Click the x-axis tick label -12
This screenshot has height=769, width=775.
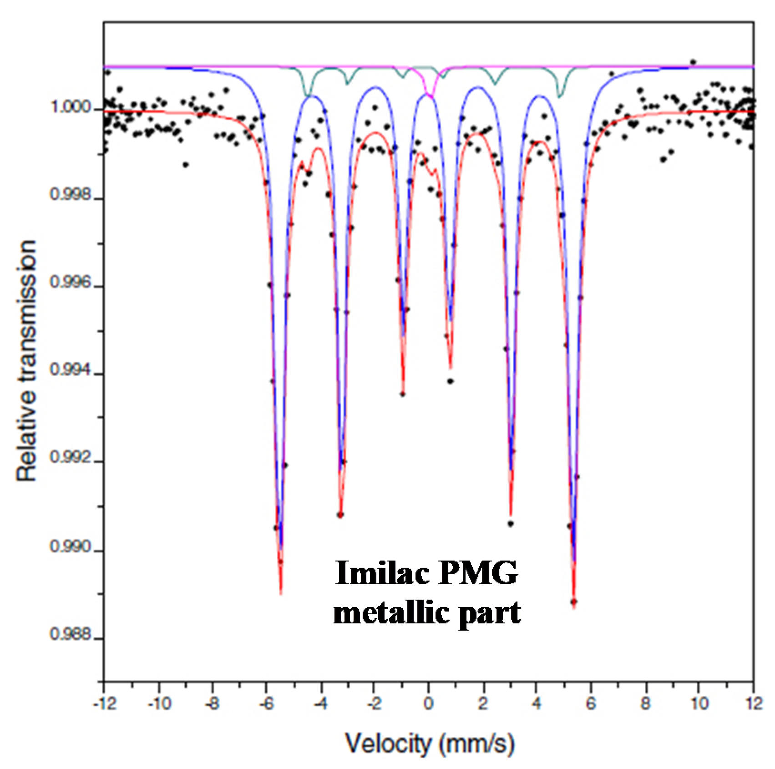[105, 704]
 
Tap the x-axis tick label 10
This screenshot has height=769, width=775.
[699, 704]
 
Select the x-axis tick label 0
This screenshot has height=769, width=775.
[428, 704]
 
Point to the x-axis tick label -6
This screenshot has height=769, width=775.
[266, 704]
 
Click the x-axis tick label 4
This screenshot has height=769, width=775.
[537, 704]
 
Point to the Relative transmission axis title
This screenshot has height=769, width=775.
[26, 360]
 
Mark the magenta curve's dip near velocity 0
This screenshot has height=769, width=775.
[431, 95]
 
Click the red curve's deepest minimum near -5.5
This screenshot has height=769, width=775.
[281, 593]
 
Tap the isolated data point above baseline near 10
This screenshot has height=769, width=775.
[693, 61]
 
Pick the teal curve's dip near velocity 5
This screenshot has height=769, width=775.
[560, 96]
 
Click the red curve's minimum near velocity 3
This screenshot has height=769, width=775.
[511, 514]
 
